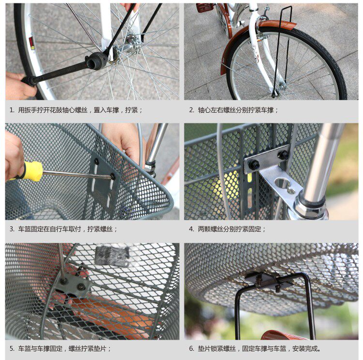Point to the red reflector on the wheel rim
tap(32, 43)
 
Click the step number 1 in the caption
tap(12, 110)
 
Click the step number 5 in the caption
tap(12, 348)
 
